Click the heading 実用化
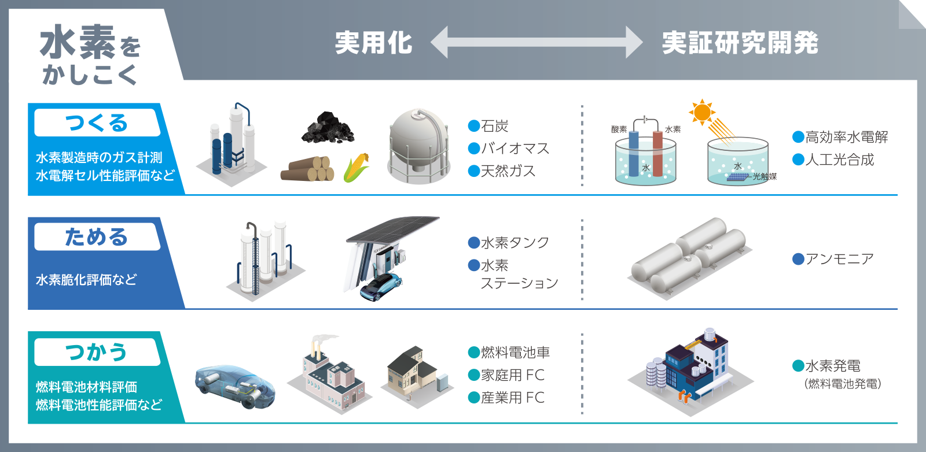[x=373, y=43]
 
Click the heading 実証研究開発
[x=740, y=43]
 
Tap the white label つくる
[x=97, y=123]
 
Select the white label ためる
[x=97, y=237]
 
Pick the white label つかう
[x=97, y=352]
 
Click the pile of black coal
[x=328, y=128]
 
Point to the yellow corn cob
[x=357, y=167]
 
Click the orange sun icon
[x=702, y=112]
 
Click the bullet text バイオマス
[x=515, y=149]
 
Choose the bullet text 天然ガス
[x=508, y=171]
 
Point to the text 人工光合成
[x=839, y=160]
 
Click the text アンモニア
[x=839, y=259]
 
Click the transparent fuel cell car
[x=234, y=386]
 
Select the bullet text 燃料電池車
[x=515, y=353]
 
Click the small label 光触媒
[x=765, y=177]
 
